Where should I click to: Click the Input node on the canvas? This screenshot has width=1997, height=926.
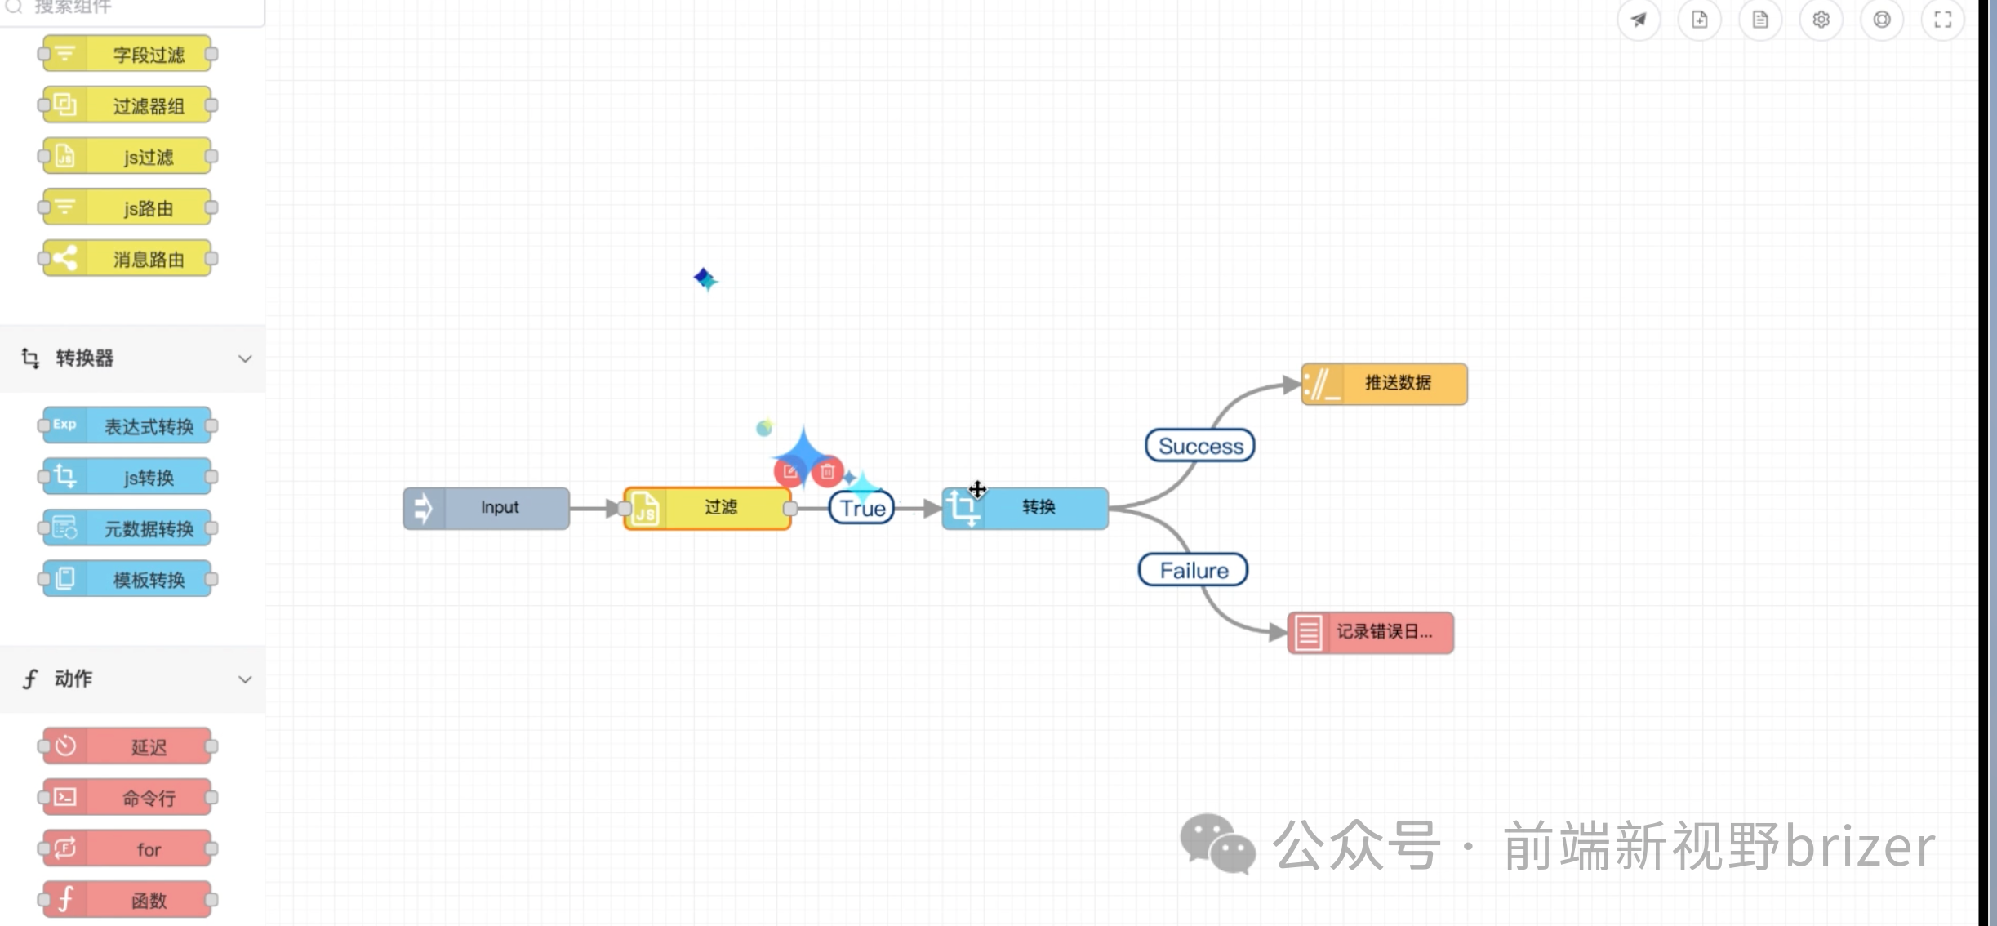coord(487,508)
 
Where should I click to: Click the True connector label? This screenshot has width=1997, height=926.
coord(862,508)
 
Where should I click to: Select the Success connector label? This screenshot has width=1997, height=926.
coord(1200,446)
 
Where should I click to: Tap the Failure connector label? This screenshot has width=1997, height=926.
coord(1194,570)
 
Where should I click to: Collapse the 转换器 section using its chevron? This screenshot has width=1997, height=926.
coord(245,358)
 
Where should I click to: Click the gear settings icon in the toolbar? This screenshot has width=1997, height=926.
coord(1821,20)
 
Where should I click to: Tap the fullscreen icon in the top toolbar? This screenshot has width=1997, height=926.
coord(1943,20)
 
